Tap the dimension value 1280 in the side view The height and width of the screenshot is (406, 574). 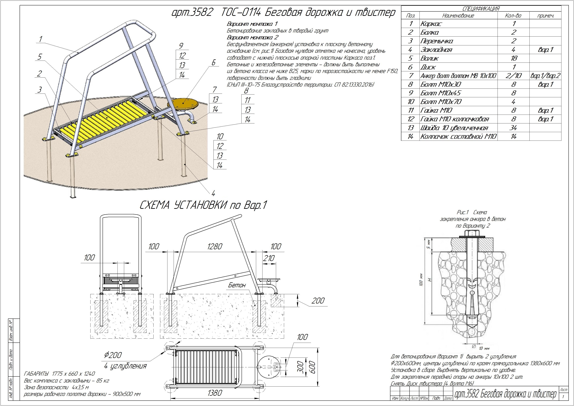tap(215, 247)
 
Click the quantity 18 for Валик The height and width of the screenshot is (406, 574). tap(513, 58)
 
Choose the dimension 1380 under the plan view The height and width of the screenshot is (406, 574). tap(215, 393)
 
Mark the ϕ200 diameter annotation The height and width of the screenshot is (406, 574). tap(113, 355)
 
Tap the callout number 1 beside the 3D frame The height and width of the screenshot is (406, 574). tap(41, 39)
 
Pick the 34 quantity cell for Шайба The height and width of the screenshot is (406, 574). tap(513, 128)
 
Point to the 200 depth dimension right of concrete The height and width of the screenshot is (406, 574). tap(318, 301)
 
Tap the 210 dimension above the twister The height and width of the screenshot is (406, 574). tap(269, 258)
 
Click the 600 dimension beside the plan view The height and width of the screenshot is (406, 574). tap(312, 367)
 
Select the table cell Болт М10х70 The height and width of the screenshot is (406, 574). tap(441, 102)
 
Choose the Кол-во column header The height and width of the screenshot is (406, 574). tap(513, 16)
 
